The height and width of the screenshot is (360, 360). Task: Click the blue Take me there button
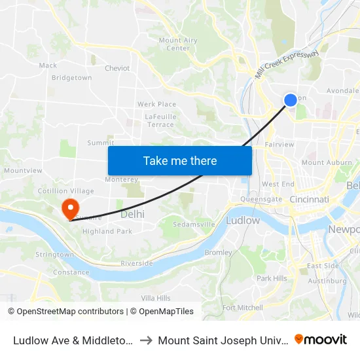coord(180,160)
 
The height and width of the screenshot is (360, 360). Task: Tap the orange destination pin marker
coord(70,209)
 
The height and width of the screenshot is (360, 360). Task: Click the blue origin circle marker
coord(291,99)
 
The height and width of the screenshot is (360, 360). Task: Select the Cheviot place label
coord(117,68)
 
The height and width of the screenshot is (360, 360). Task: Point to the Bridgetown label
coord(71,78)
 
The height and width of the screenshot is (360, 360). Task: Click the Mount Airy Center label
coord(178,44)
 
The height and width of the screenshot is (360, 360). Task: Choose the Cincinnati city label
coord(310,199)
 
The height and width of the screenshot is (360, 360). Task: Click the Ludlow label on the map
coord(242,221)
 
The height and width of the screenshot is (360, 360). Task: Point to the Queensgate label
coord(261,198)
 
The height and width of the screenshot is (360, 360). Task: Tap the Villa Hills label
coord(156,298)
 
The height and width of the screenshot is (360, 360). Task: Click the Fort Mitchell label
coord(242,308)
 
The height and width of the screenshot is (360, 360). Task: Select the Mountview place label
coord(18,170)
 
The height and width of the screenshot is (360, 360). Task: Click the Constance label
coord(71,272)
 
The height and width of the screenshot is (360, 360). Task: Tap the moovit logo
coord(320,339)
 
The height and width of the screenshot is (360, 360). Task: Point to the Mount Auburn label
coord(322,162)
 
